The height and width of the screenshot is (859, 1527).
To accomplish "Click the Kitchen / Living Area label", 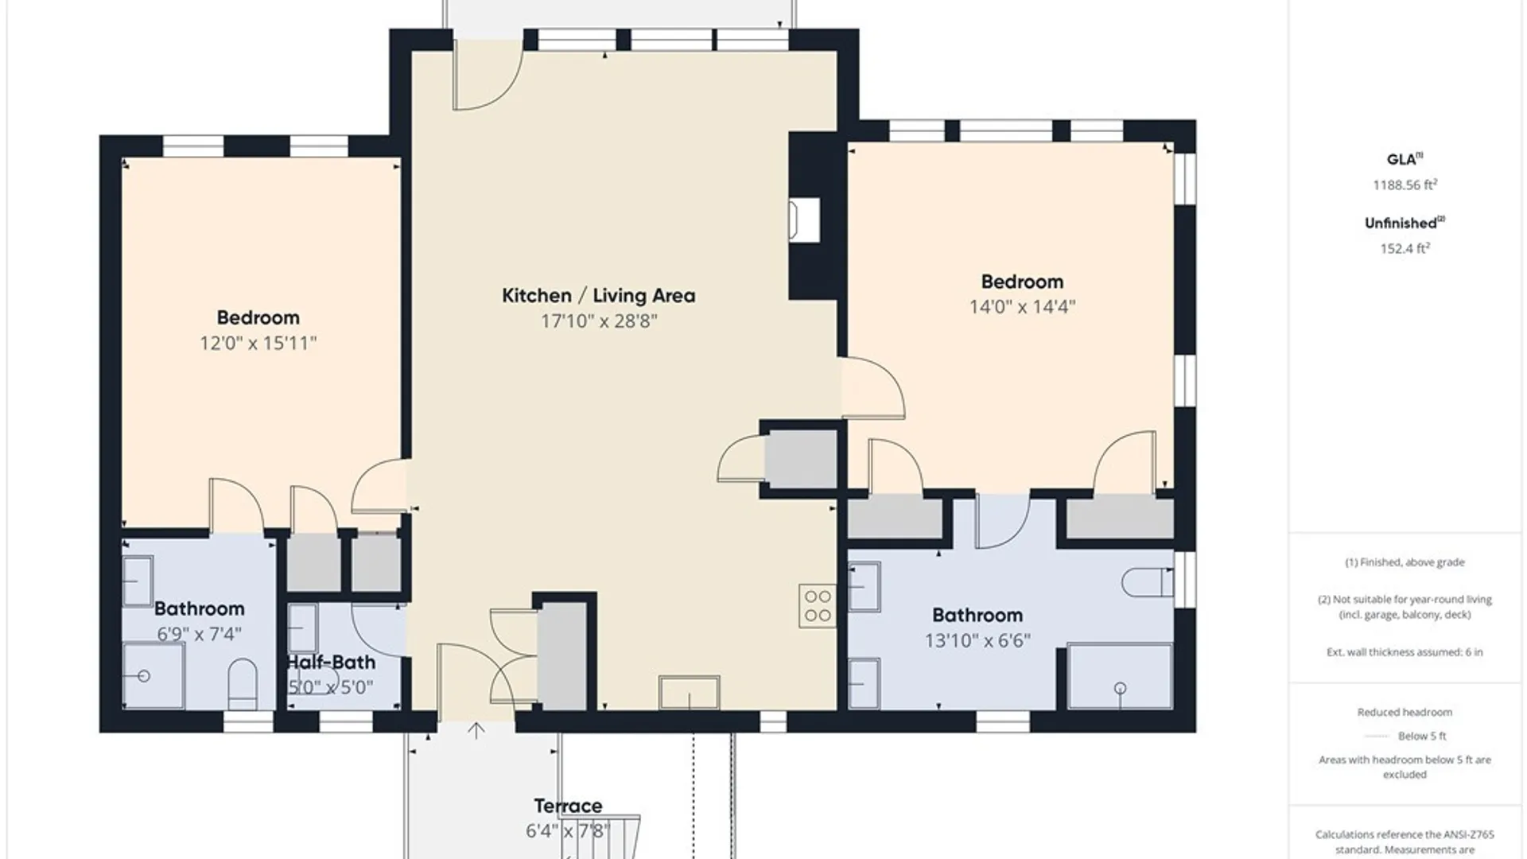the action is click(x=598, y=296).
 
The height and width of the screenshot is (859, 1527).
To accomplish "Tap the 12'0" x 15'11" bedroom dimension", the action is click(x=258, y=343).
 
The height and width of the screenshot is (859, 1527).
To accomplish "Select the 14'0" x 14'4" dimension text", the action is click(x=1022, y=306).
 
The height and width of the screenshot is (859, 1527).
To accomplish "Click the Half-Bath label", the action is click(x=331, y=662).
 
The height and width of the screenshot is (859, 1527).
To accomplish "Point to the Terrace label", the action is click(x=568, y=806).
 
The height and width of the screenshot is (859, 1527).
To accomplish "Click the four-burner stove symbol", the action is click(x=818, y=606).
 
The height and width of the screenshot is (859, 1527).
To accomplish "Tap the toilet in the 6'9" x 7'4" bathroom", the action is click(x=243, y=684).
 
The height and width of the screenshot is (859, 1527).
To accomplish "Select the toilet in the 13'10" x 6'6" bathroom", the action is click(x=1148, y=582).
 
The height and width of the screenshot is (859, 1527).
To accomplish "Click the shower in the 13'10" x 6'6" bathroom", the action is click(x=1120, y=677).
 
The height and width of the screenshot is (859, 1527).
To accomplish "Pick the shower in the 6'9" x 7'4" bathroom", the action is click(x=154, y=676).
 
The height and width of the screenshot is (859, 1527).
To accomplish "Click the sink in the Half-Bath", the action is click(x=302, y=628).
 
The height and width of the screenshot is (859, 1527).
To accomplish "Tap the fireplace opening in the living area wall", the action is click(x=804, y=220).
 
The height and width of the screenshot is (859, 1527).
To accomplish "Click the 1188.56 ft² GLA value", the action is click(x=1405, y=185).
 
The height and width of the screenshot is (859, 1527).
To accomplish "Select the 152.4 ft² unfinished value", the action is click(x=1405, y=248).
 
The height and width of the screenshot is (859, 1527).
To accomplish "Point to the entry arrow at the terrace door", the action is click(x=476, y=731).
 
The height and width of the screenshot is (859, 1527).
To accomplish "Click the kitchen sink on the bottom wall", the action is click(x=690, y=692).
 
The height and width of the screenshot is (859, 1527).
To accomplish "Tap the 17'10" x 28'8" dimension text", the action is click(x=599, y=321).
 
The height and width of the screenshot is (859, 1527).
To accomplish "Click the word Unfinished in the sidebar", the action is click(x=1401, y=223).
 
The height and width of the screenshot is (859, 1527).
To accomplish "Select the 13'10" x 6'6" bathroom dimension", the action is click(x=977, y=640).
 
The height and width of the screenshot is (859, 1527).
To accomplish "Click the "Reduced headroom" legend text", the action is click(x=1405, y=712).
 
